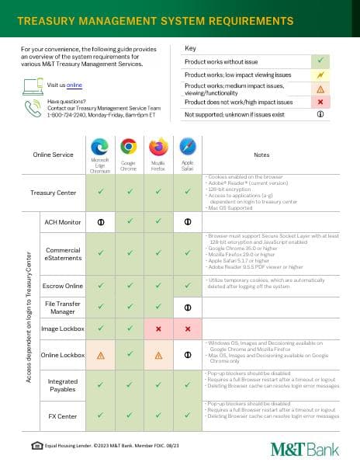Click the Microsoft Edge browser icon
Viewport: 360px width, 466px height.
(99, 146)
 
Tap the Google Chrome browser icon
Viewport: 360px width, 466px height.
(129, 146)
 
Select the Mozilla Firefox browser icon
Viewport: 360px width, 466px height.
(158, 146)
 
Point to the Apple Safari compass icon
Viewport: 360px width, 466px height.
(187, 146)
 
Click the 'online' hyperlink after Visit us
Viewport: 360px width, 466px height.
(74, 84)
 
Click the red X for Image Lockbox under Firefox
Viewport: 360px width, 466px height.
(158, 329)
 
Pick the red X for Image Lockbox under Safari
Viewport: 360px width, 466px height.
(187, 329)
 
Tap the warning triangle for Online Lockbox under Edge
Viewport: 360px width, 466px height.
(99, 355)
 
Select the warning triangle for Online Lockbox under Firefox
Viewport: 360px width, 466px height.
(158, 355)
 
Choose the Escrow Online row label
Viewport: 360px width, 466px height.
(63, 285)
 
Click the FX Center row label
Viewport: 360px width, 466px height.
(63, 416)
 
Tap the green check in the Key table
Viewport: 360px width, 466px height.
(320, 60)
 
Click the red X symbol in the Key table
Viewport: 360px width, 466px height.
(320, 102)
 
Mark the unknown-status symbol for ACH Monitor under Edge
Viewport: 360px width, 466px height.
(99, 222)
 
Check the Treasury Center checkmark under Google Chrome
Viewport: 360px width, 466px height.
(129, 191)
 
